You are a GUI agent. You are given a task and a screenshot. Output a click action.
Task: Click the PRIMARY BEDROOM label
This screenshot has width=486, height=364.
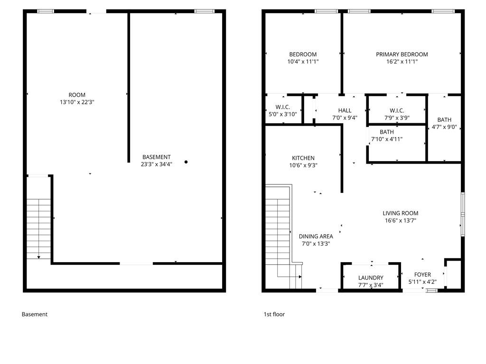coord(402,55)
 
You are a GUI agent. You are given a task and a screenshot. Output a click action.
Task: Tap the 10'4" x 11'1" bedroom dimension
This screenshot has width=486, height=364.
coord(303,62)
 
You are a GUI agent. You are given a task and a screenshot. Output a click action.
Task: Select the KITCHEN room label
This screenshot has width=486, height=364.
coord(303,158)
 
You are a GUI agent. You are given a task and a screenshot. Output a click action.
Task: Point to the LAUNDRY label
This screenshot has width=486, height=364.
coord(371,278)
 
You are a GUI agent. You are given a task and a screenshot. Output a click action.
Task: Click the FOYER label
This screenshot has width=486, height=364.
coord(422,274)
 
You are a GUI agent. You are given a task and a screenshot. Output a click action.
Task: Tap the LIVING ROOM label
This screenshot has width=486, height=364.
coord(401,213)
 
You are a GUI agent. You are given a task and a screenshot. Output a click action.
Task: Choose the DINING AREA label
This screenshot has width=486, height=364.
coord(316,237)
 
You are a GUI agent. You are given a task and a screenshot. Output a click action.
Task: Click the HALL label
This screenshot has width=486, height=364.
coord(345,110)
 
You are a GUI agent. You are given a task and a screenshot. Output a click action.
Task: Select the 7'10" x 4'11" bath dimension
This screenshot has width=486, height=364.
coord(387,139)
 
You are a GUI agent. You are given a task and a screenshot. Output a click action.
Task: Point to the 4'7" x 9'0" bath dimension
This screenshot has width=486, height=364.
coord(444,127)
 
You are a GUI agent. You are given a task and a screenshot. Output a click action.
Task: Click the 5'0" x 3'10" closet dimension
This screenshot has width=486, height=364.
coord(283,114)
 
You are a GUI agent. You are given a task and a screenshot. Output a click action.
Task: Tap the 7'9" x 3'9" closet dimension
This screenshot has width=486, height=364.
coord(397,118)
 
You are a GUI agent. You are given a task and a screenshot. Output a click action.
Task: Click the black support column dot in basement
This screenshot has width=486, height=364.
coord(186,162)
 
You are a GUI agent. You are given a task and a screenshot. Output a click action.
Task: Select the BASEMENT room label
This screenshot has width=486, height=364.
coord(157,157)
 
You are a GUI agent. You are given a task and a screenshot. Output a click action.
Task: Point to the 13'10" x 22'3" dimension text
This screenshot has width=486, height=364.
coord(77,102)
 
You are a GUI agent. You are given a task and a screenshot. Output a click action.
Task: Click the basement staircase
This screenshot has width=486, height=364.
coord(38,229)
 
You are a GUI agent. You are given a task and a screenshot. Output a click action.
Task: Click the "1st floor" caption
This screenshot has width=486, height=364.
coord(274,315)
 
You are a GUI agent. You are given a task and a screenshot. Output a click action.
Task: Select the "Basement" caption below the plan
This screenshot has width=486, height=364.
coord(34,315)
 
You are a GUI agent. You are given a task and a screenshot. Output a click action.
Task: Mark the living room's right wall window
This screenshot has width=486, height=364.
coord(463,214)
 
